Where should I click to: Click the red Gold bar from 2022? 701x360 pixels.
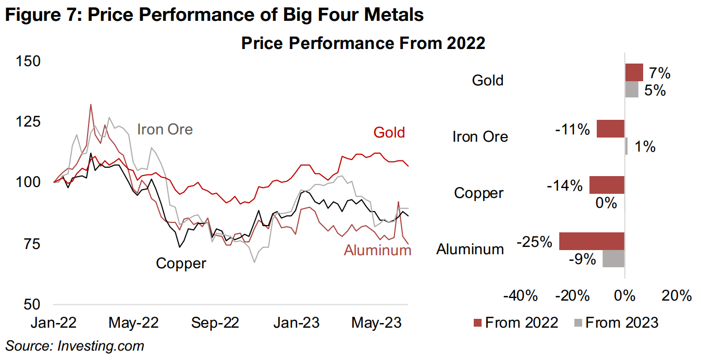[634, 72]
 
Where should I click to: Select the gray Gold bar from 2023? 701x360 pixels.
[631, 89]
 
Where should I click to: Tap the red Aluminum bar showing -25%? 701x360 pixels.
[592, 241]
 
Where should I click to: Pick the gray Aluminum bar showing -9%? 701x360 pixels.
[613, 258]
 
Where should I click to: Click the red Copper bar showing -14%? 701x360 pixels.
[607, 185]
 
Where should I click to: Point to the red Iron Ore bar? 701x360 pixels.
[610, 129]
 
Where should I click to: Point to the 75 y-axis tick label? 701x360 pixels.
[29, 243]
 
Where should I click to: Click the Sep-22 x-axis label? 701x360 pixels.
[215, 322]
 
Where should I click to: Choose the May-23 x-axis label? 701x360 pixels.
[376, 322]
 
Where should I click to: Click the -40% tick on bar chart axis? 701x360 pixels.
[520, 296]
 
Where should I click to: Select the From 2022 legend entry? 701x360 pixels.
[515, 322]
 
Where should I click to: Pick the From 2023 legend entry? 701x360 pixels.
[616, 322]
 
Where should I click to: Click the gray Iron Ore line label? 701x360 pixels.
[165, 129]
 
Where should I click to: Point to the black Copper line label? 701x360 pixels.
[181, 263]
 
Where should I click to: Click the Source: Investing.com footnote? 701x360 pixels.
[75, 345]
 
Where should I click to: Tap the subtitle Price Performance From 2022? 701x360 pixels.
[363, 43]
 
